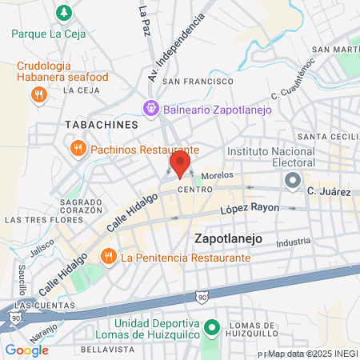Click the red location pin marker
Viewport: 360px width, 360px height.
click(x=179, y=164)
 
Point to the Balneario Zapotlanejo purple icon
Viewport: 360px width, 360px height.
click(x=150, y=107)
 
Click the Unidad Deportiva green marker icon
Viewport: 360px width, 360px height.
click(x=212, y=327)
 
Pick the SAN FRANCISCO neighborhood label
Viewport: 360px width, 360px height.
click(x=190, y=82)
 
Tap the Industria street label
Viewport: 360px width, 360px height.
click(x=295, y=241)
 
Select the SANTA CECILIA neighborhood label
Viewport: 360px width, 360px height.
click(x=329, y=137)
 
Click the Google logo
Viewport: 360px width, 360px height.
click(x=26, y=350)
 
